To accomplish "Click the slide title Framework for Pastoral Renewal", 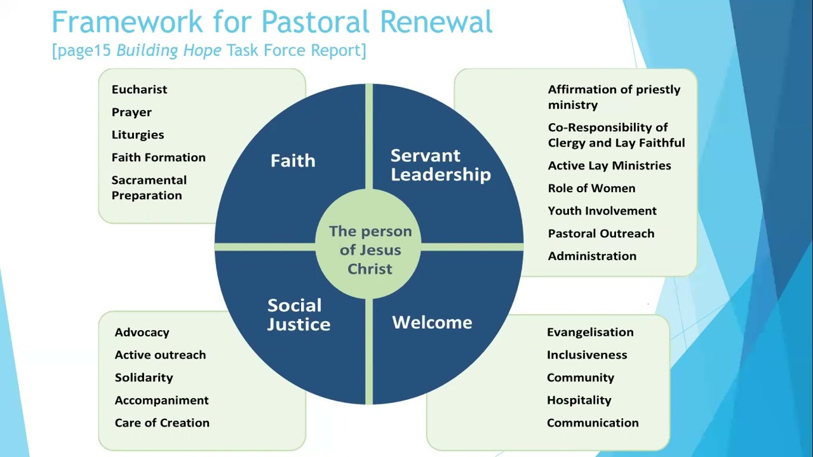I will (x=272, y=22).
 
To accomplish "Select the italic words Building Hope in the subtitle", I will (x=169, y=51).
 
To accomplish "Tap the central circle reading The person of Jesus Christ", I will (x=370, y=250).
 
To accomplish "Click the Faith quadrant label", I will (x=293, y=161).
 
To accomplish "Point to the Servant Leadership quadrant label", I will (x=440, y=165).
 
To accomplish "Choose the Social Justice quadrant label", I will (x=299, y=315).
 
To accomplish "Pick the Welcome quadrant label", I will (x=432, y=322).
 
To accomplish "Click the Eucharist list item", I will (x=139, y=89).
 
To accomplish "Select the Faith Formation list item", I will (x=158, y=157).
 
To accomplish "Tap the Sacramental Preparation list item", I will (x=149, y=188).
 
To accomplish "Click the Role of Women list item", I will (x=591, y=189).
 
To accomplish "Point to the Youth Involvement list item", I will (x=602, y=211).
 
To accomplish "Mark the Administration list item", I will (x=592, y=256).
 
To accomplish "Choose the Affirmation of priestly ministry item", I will (x=614, y=97).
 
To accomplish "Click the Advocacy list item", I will (x=142, y=333).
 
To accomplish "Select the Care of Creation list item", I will (x=162, y=423).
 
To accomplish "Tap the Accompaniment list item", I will (x=161, y=401).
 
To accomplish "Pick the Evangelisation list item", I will (x=590, y=333).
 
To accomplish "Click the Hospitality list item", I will (x=579, y=401).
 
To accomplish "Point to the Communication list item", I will (x=593, y=423).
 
